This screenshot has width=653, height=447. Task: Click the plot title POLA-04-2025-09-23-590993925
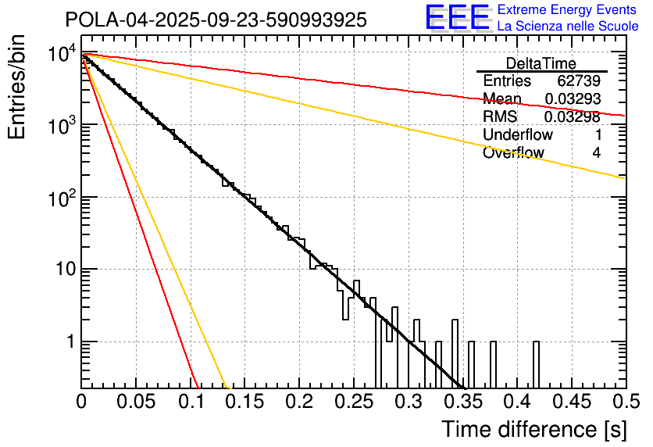coord(216,20)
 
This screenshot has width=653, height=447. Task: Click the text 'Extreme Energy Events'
coord(568,10)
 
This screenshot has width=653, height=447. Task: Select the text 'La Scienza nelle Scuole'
coord(568,27)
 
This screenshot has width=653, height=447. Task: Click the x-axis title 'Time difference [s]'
coord(533,429)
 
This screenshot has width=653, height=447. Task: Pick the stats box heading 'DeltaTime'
coord(541,63)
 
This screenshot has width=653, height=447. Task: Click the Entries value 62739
coord(578,81)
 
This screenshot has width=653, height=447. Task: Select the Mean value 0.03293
coord(572,99)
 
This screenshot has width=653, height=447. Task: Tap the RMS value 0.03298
coord(572,117)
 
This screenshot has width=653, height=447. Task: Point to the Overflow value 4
coord(596,153)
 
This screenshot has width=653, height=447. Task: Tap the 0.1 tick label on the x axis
coord(191,402)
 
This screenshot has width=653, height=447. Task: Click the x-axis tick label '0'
coord(82,402)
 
